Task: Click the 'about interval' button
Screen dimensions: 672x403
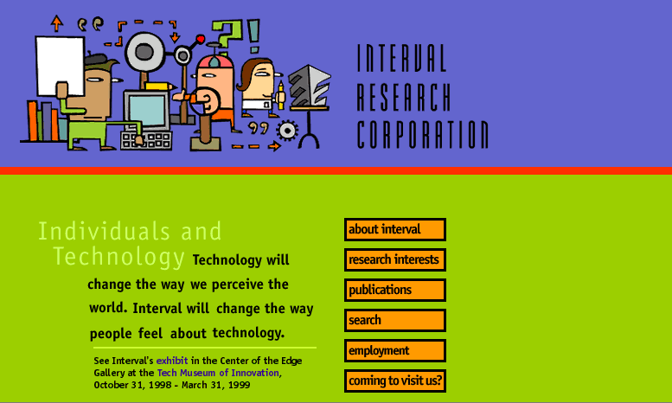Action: [394, 229]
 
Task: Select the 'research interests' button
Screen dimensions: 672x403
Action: [394, 259]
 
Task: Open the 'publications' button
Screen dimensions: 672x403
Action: [394, 290]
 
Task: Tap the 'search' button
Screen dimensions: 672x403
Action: [394, 320]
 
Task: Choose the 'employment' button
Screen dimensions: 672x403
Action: [394, 351]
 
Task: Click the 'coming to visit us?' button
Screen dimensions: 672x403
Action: [394, 381]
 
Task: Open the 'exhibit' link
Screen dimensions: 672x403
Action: [172, 361]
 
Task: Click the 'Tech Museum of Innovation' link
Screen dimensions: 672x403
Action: [218, 373]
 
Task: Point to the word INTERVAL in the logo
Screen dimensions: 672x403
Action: [401, 57]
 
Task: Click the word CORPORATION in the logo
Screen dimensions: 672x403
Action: [423, 135]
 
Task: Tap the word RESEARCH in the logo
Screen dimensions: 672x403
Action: [404, 97]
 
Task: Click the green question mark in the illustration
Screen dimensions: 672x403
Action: [227, 34]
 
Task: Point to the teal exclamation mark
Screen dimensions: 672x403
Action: [253, 36]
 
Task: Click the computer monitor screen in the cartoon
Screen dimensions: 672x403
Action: [147, 110]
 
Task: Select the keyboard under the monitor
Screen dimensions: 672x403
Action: [146, 140]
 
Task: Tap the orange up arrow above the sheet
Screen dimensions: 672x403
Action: [56, 23]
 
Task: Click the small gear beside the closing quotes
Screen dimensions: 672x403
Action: [287, 131]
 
